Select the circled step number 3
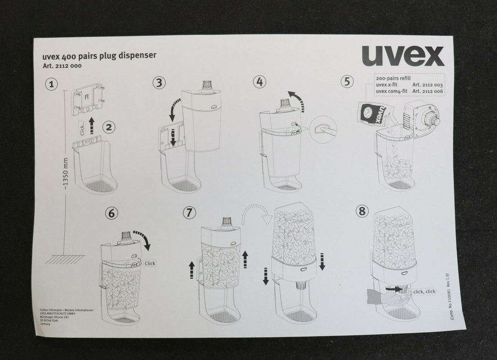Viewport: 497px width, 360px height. [x=160, y=82]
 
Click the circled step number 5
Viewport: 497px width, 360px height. [x=348, y=81]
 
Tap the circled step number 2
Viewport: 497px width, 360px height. [x=108, y=127]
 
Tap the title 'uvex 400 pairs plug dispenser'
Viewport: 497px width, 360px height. [x=98, y=56]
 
